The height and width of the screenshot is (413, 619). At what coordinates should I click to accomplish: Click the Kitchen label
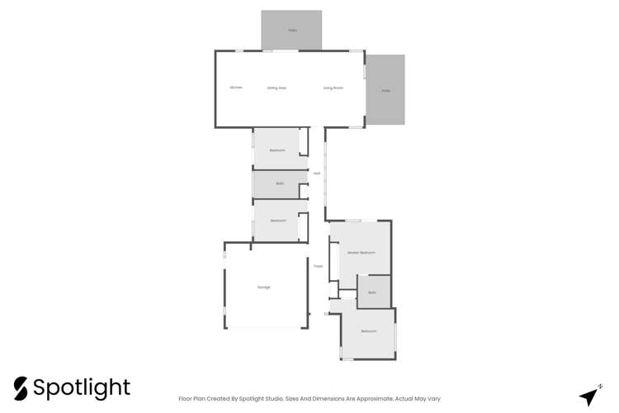point(236,88)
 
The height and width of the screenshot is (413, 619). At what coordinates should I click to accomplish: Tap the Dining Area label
point(276,88)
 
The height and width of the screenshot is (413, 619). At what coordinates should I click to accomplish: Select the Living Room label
point(333,88)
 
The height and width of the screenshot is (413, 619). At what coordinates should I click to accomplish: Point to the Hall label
point(317,173)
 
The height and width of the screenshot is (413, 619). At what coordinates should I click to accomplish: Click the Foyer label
point(318,266)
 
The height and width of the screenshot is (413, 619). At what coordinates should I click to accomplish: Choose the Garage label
point(264,287)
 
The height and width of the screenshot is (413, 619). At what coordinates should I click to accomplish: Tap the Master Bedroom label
point(361,252)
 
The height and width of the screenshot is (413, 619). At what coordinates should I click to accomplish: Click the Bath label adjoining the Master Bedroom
point(372,292)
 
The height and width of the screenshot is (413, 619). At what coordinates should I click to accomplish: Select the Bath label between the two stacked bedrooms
point(280,183)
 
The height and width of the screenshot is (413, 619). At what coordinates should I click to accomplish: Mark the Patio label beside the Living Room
point(385,91)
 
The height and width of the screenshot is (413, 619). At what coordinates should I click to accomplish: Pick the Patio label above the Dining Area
point(292,31)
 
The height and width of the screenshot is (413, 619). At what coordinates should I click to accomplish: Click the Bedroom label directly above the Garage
point(278,221)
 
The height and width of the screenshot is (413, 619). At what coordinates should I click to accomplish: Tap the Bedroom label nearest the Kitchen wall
point(277,150)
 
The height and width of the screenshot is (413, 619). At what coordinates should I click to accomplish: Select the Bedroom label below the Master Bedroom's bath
point(369,331)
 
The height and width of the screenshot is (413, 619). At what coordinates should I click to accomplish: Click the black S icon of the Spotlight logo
point(21,388)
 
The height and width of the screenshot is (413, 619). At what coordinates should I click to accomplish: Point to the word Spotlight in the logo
point(82,388)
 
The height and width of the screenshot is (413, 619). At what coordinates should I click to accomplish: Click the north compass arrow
point(589,396)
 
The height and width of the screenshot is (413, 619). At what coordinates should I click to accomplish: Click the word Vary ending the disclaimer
point(433,398)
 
